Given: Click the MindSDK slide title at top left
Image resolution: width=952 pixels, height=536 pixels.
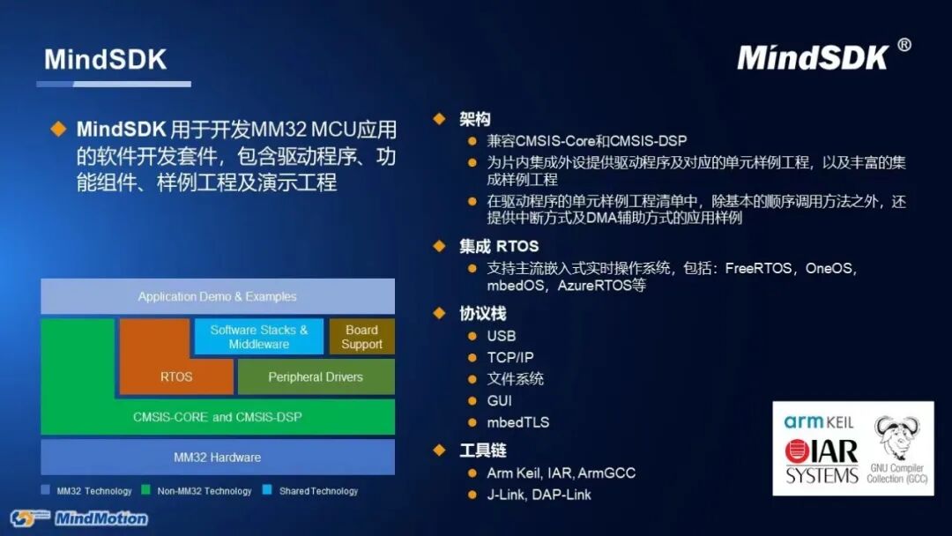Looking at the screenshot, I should click(x=105, y=59).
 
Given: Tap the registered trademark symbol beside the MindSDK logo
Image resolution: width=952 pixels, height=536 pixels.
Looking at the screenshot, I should click(x=904, y=46).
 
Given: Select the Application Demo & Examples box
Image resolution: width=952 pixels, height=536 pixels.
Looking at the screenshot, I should click(x=217, y=297).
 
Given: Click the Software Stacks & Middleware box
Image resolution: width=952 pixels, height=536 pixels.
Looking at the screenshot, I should click(x=259, y=337).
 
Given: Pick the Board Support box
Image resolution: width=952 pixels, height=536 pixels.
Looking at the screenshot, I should click(x=361, y=337).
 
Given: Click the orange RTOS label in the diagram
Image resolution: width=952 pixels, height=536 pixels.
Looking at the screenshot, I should click(x=176, y=376).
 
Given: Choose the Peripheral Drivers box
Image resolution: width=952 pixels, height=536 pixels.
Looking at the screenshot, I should click(x=316, y=376).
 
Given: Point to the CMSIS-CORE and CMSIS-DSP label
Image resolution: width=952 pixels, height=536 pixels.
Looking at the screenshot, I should click(x=217, y=416).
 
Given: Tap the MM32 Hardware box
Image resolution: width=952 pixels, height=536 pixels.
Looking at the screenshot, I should click(x=217, y=458).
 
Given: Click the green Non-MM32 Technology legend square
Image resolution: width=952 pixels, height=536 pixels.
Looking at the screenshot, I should click(x=146, y=490).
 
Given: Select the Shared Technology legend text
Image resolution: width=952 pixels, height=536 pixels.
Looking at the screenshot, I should click(x=318, y=491).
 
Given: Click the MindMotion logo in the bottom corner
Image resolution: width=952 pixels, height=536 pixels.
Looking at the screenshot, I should click(x=79, y=517).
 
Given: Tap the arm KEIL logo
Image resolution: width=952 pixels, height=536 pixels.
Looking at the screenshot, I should click(x=819, y=422).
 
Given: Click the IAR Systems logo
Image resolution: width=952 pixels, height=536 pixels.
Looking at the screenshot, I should click(x=822, y=460).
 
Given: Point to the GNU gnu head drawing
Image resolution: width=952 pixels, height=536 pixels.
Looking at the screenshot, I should click(x=896, y=437).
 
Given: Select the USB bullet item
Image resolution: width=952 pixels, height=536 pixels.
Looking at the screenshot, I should click(x=501, y=336).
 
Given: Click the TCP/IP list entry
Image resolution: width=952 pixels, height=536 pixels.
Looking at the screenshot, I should click(x=509, y=357).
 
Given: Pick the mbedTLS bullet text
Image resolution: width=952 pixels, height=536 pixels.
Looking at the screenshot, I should click(x=517, y=422).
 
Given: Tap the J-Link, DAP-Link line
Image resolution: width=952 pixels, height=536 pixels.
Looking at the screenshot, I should click(x=539, y=495).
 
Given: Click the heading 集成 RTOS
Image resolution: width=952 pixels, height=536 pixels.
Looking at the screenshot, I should click(x=498, y=246).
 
